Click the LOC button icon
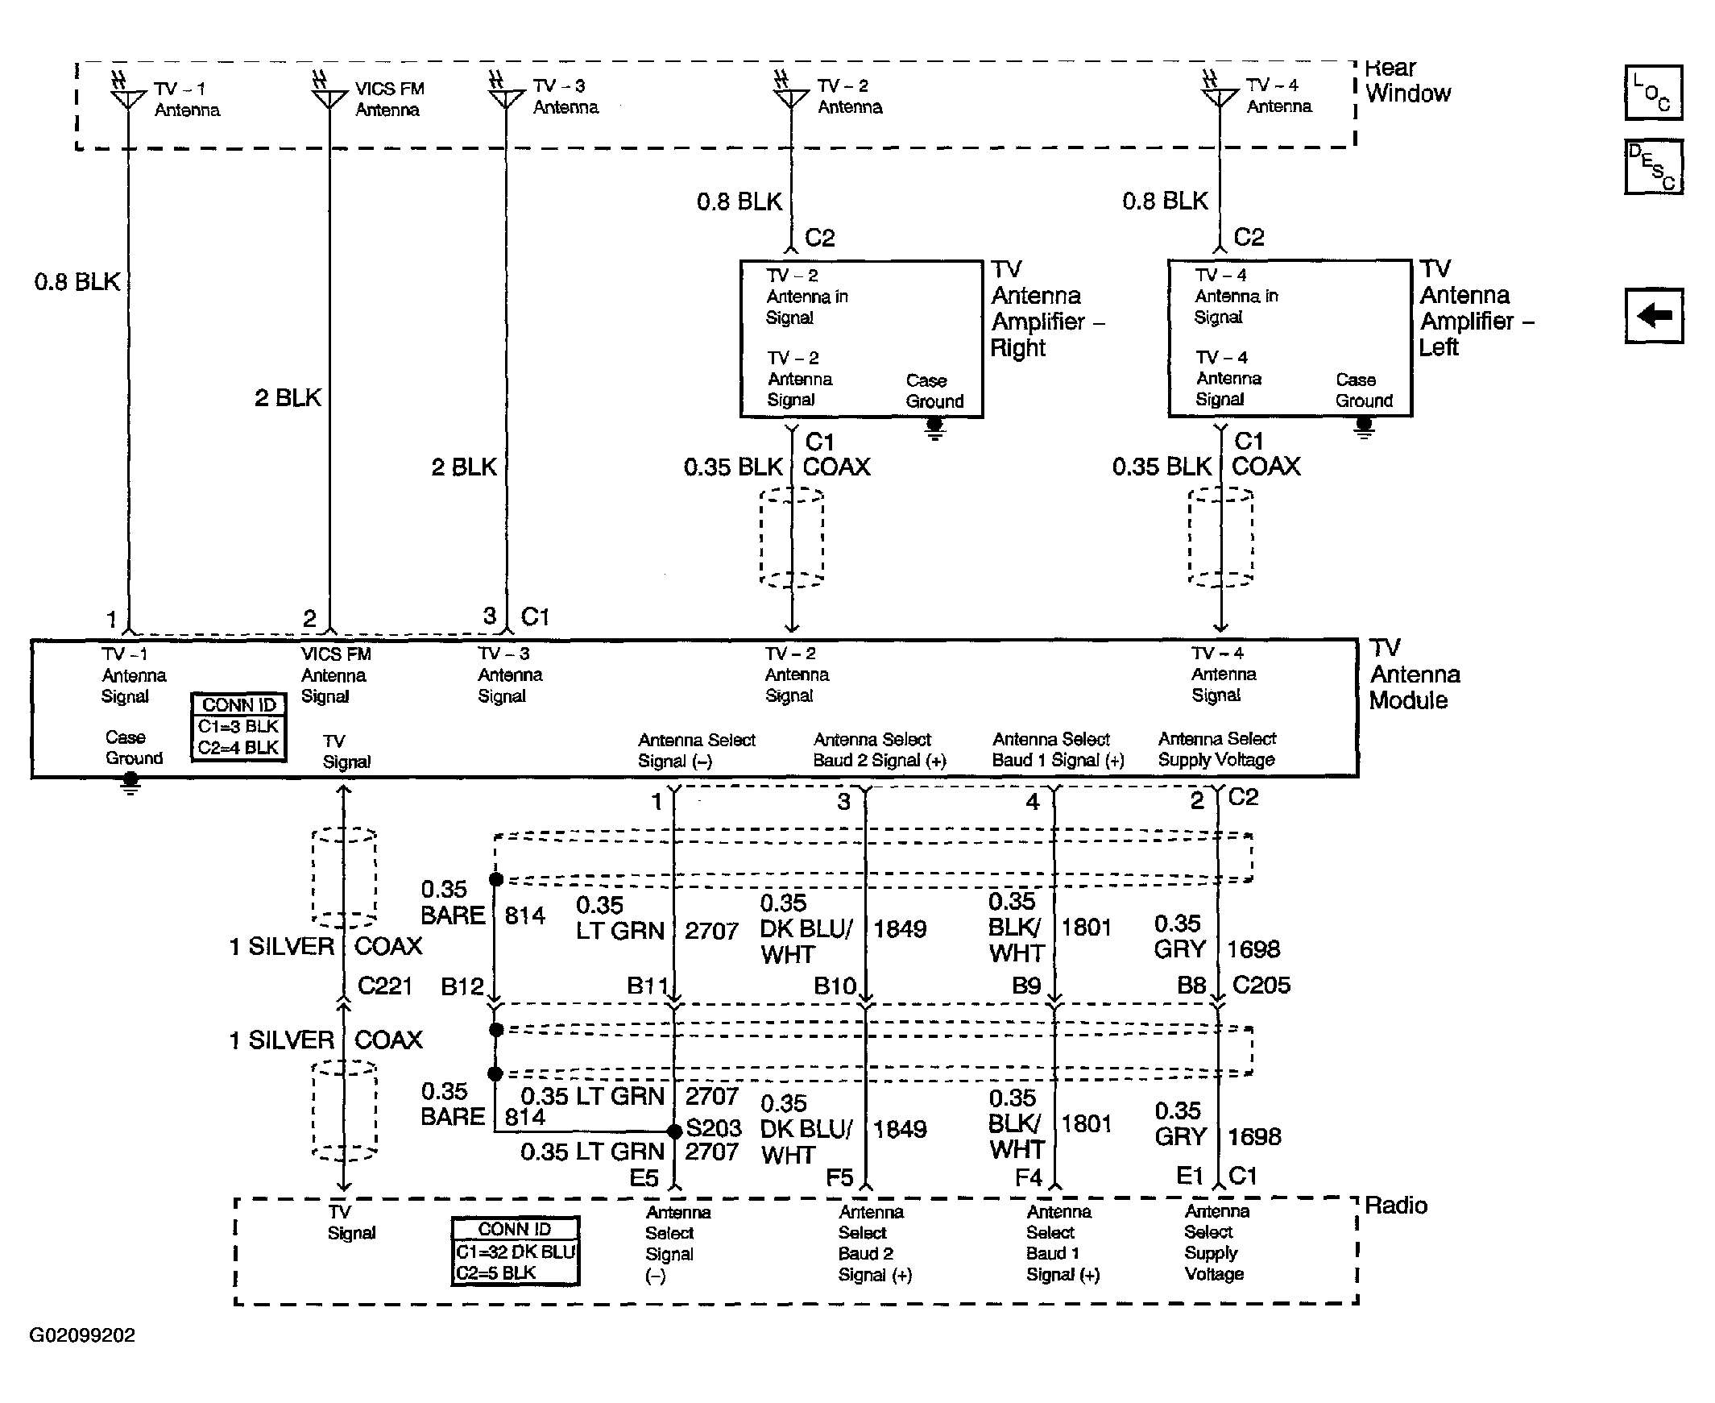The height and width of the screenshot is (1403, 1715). click(x=1653, y=93)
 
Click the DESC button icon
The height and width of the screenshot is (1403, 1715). click(x=1653, y=167)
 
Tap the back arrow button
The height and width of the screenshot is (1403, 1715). click(x=1654, y=315)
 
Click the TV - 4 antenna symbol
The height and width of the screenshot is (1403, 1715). click(x=1219, y=95)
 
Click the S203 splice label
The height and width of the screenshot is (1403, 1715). click(x=713, y=1127)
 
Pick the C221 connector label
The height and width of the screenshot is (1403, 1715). click(x=384, y=986)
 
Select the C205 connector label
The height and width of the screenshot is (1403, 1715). click(x=1261, y=985)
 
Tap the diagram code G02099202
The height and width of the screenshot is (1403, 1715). click(x=82, y=1335)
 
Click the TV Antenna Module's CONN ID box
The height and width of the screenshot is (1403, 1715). click(x=238, y=727)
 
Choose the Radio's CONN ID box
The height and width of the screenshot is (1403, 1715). click(x=516, y=1251)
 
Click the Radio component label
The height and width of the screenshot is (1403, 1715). click(x=1395, y=1206)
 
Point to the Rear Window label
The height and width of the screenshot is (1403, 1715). click(x=1407, y=81)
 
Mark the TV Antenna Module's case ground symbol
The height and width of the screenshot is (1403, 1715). click(x=130, y=783)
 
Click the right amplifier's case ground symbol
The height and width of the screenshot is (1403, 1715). click(x=934, y=428)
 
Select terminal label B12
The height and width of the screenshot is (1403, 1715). click(x=462, y=987)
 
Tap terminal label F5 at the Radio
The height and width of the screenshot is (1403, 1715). click(x=839, y=1178)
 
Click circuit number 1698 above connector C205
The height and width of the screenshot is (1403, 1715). click(x=1253, y=948)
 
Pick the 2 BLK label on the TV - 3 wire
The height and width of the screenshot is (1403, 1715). click(x=464, y=467)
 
